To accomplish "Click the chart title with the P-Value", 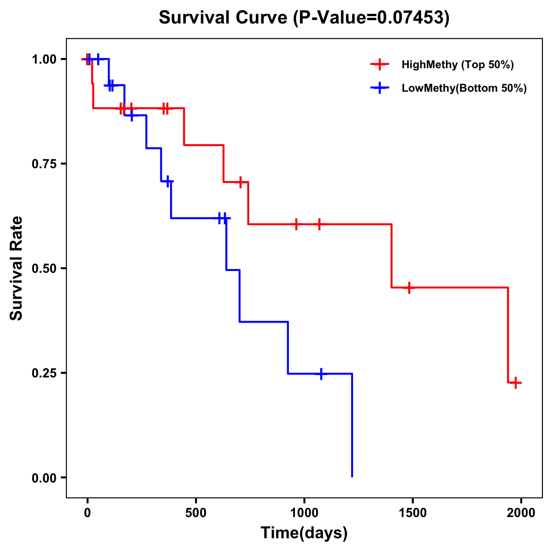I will [x=304, y=18].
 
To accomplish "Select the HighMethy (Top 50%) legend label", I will [x=458, y=65].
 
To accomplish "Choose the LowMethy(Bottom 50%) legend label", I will [x=464, y=88].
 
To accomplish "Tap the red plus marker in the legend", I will [x=379, y=65].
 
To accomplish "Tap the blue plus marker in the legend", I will [x=379, y=88].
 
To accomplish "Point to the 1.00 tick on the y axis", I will [x=44, y=59].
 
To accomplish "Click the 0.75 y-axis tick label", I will [x=44, y=164].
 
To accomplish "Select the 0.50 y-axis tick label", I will [x=44, y=269].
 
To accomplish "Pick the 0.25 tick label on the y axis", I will [x=44, y=373].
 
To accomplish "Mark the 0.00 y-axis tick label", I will [x=44, y=478].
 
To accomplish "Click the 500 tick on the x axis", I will [x=196, y=513].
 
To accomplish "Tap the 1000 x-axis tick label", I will [x=304, y=513].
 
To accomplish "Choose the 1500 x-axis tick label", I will [x=412, y=513].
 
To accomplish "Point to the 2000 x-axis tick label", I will [x=521, y=513].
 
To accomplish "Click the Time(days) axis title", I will [x=304, y=533].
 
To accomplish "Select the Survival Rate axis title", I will [x=17, y=268].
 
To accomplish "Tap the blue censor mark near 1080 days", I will [x=321, y=373].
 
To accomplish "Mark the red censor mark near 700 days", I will [x=240, y=182].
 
